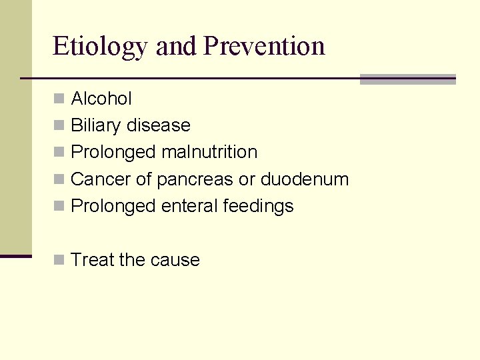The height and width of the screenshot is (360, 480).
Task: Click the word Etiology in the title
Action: coord(101,47)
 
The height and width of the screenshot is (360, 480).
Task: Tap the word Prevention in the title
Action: coord(264,46)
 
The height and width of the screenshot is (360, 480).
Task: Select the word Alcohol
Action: coord(101,99)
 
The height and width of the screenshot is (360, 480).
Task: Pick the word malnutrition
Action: coord(209,152)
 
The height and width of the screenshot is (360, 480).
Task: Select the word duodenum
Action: coord(305,179)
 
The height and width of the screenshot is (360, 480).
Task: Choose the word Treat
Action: coord(92,260)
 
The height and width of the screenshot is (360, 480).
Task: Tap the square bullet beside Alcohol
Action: coord(59,99)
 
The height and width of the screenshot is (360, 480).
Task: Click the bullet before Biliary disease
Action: coord(59,125)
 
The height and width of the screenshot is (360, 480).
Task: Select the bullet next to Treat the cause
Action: coord(59,260)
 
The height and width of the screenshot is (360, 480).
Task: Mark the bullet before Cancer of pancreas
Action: coord(59,179)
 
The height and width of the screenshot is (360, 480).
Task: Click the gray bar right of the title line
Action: coord(407,79)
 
